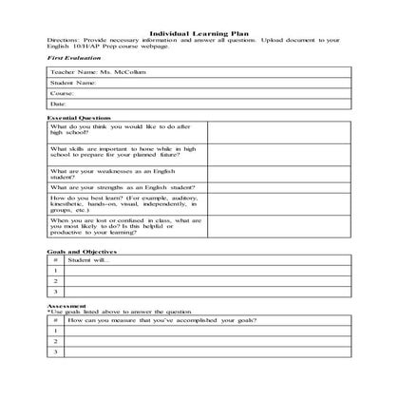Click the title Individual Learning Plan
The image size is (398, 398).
coord(199,32)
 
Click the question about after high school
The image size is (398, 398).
coord(125,130)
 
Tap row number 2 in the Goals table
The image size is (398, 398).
coord(56,281)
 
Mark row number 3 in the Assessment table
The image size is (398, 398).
coord(56,352)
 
